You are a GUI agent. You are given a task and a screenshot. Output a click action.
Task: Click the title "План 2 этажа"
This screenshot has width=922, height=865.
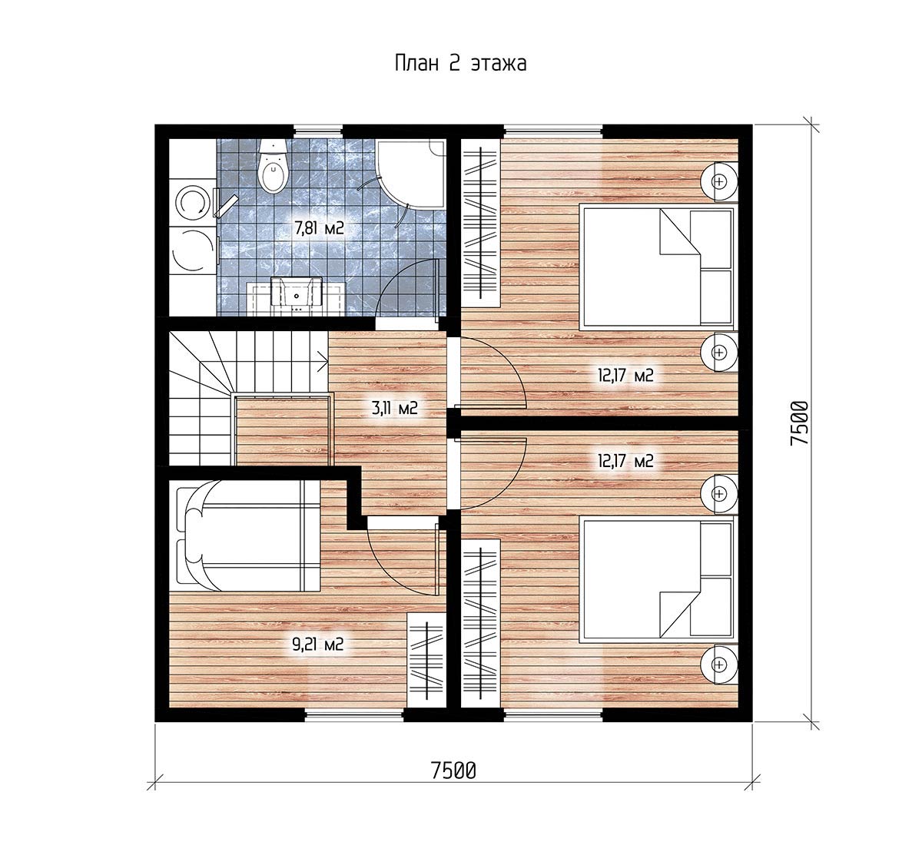pyautogui.click(x=460, y=64)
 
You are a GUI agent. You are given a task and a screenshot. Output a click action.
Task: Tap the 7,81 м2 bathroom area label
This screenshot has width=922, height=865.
pyautogui.click(x=320, y=228)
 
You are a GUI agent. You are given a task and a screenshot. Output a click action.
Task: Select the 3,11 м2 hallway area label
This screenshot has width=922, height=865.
pyautogui.click(x=395, y=408)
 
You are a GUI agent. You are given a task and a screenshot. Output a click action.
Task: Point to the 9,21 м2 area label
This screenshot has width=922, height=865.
pyautogui.click(x=317, y=644)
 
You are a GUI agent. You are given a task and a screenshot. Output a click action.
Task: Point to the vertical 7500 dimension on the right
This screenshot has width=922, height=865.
pyautogui.click(x=799, y=423)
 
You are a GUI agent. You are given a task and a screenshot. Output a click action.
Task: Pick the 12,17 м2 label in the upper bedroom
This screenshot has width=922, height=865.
pyautogui.click(x=626, y=375)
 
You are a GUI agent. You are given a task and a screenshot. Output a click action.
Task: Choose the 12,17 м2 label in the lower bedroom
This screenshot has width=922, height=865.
pyautogui.click(x=626, y=461)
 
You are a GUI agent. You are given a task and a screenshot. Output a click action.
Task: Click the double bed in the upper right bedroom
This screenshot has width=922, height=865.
pyautogui.click(x=656, y=267)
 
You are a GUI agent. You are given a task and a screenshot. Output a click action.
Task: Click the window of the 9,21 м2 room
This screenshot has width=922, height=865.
pyautogui.click(x=353, y=715)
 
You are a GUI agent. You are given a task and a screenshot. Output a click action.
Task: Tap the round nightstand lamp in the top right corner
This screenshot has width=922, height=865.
pyautogui.click(x=718, y=181)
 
